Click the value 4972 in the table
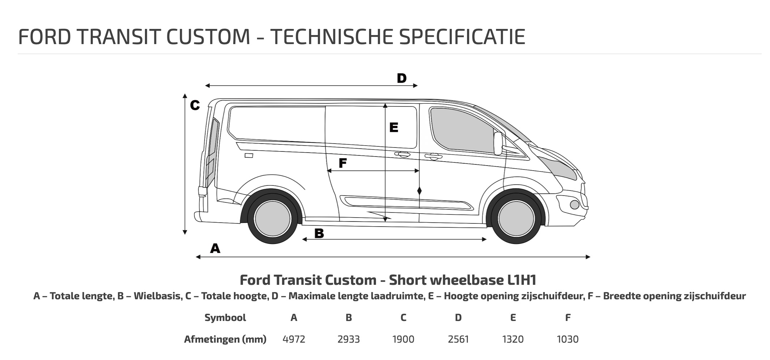tap(294, 339)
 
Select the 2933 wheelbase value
tap(348, 339)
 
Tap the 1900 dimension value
tap(403, 339)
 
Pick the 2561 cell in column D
tap(458, 339)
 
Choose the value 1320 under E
tap(513, 339)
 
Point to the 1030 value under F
tap(568, 339)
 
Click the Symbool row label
tap(225, 318)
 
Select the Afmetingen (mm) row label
tap(225, 339)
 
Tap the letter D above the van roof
tap(402, 78)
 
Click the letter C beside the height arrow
tap(195, 105)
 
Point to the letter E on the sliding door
tap(394, 127)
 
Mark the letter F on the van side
tap(343, 163)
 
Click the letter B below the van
tap(319, 233)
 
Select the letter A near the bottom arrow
tap(215, 248)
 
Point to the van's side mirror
tap(498, 143)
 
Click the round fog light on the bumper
tap(574, 205)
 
